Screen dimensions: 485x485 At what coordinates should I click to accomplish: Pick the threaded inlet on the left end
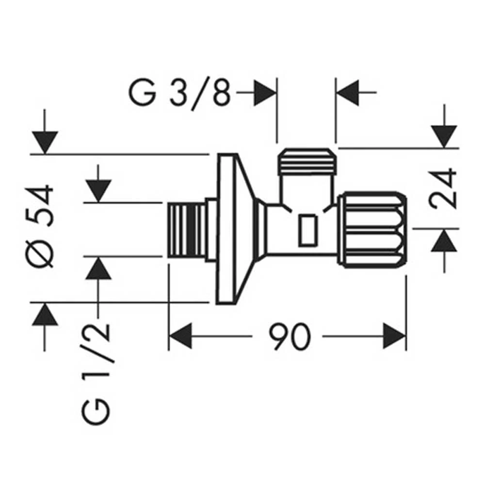pyautogui.click(x=186, y=230)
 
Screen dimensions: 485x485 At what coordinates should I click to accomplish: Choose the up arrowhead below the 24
pyautogui.click(x=444, y=241)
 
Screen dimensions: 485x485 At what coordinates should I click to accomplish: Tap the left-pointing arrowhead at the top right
pyautogui.click(x=347, y=92)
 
